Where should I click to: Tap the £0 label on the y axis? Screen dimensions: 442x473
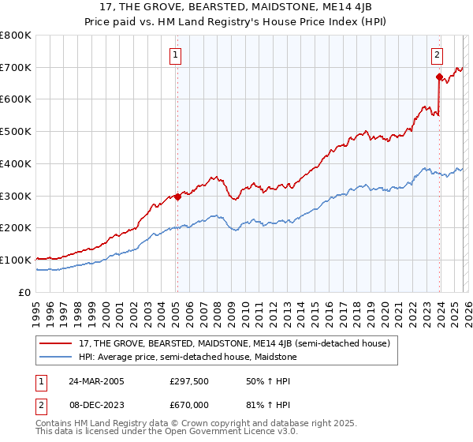pos(25,292)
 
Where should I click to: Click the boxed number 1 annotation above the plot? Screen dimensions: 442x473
pos(174,55)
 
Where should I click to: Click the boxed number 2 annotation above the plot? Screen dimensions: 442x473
pos(436,55)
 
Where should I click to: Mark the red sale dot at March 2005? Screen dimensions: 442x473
pos(178,197)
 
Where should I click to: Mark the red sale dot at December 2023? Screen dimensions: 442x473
pos(438,77)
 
